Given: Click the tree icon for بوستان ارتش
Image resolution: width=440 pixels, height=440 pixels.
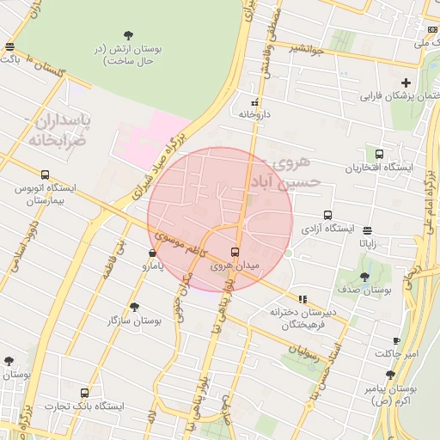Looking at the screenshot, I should point(128,35).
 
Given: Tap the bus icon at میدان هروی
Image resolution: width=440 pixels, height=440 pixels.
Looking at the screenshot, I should point(235,252).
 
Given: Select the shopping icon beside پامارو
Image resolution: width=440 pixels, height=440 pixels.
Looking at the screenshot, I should point(152,253).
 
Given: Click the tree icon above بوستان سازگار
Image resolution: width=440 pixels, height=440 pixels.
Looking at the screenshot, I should point(133,307).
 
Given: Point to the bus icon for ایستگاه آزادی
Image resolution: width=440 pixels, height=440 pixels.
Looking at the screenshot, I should point(327,216).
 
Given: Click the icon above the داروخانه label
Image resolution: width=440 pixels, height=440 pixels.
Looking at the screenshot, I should point(254,101).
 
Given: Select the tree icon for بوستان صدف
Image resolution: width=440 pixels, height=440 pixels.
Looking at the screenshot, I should point(364,277).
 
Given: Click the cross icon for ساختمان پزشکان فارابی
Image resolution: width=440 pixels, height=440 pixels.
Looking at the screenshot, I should point(406,82).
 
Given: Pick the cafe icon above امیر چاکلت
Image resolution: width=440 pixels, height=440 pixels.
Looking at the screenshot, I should point(396,340).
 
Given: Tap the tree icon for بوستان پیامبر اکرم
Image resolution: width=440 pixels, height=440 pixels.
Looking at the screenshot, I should point(391,375).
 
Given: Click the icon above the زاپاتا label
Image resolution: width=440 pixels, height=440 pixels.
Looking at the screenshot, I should point(368,230).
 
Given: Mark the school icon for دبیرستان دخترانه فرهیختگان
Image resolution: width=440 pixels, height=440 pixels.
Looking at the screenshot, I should point(301,299).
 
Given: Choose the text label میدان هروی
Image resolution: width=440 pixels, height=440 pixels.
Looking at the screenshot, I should point(235,267).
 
